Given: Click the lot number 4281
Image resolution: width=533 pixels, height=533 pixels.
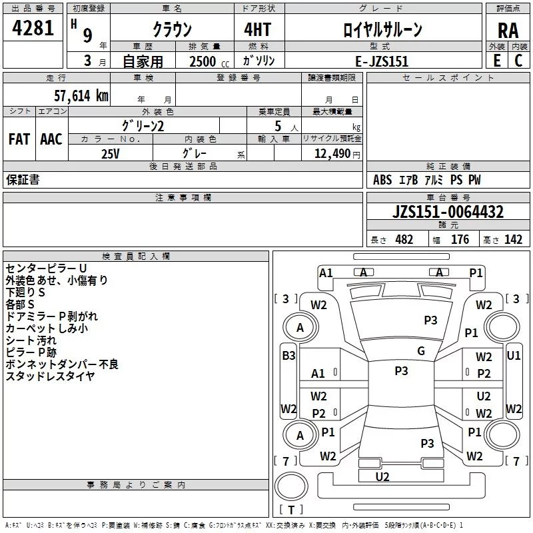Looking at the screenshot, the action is point(33,28).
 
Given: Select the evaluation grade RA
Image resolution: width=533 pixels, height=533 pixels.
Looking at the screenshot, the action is point(508,31).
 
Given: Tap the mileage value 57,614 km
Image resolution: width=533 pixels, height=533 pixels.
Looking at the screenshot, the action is point(81,96).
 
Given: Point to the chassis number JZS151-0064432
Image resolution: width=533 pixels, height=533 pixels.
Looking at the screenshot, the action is point(448,212).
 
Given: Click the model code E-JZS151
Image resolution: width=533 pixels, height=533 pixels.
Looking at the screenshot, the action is point(381,61).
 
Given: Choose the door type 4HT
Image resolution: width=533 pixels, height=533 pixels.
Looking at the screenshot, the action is point(257,29).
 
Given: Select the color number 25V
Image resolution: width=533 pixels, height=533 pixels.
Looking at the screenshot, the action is point(111,154).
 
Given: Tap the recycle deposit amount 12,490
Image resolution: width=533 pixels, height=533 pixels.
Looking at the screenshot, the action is point(332,153).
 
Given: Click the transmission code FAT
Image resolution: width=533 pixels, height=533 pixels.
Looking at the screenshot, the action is point(19,139).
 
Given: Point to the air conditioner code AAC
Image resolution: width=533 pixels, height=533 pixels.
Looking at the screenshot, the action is point(51,139).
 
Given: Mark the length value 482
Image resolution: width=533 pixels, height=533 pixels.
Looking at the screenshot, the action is point(404,239).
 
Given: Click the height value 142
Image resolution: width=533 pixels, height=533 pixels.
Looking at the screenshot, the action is point(513,239).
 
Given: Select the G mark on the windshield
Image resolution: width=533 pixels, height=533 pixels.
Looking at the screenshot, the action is point(421,351).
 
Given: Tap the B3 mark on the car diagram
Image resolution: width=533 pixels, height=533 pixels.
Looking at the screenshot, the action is point(288,356).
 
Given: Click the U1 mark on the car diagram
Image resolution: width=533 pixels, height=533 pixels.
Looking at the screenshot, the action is point(513,356).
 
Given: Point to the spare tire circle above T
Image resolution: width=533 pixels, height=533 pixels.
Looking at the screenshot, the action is point(291,486).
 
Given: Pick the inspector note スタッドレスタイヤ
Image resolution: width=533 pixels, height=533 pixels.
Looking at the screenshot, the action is point(50,376).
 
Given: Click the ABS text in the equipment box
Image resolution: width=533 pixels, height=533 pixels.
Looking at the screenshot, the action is point(382,180).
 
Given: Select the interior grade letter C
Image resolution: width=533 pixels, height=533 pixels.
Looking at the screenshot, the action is point(518,61).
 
